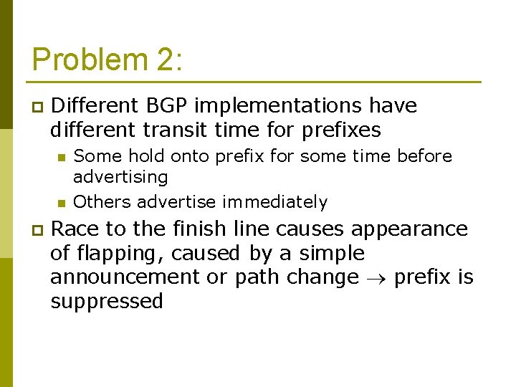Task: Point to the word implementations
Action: pos(278,106)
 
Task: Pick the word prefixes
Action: pos(341,130)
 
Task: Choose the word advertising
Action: pos(120,176)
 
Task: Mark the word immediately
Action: pos(274,202)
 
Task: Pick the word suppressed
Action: pos(107,301)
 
